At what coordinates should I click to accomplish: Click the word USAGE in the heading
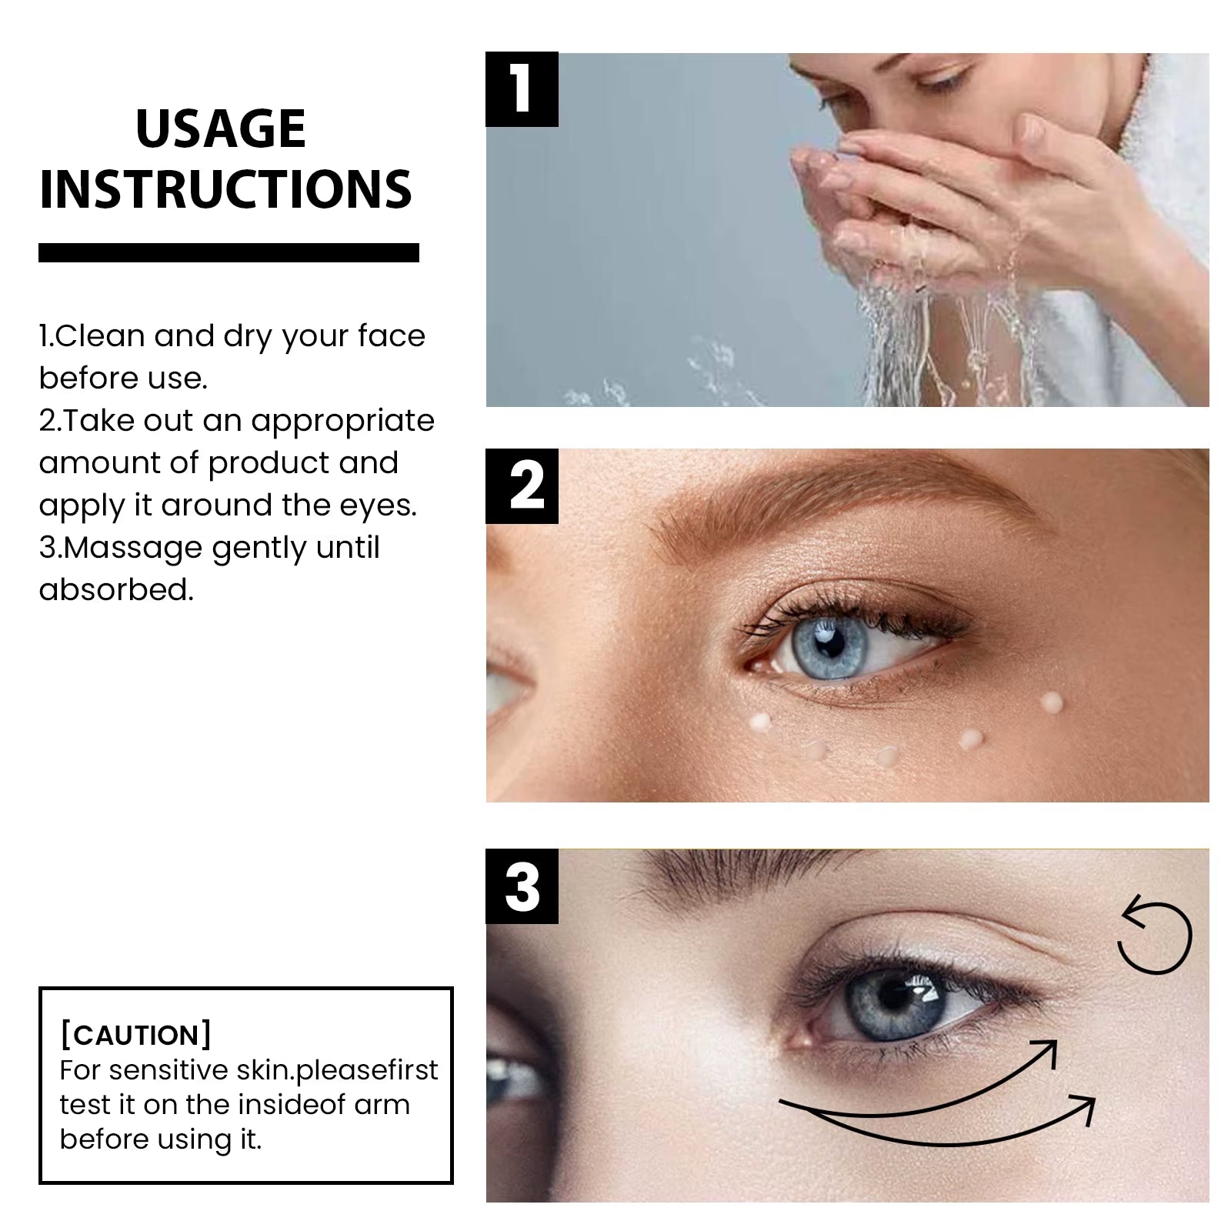click(221, 128)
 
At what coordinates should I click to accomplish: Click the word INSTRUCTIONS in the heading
click(225, 189)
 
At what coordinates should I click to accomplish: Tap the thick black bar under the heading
click(229, 252)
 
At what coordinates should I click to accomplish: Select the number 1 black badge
click(522, 89)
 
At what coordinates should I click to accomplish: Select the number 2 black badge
click(522, 486)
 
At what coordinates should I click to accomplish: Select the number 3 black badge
click(522, 887)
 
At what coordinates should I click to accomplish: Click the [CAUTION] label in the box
click(135, 1035)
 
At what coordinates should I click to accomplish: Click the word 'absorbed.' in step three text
click(116, 590)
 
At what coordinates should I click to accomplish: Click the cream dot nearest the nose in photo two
click(760, 722)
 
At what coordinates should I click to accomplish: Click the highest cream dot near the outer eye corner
click(1052, 701)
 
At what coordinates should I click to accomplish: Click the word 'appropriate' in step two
click(342, 421)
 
